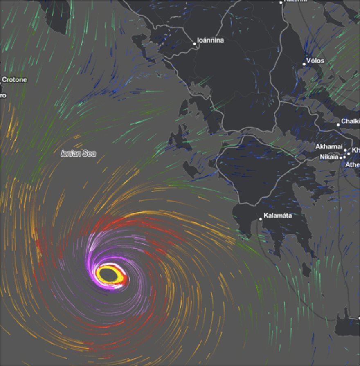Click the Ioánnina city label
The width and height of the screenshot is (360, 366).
pos(211,40)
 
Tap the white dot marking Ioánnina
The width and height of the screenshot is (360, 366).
pos(195,43)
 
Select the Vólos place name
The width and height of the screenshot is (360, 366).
pos(315,61)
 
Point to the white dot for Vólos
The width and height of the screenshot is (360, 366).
pos(304,64)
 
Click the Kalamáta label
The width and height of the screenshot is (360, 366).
pos(278,216)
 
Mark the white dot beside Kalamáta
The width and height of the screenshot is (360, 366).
pos(260,219)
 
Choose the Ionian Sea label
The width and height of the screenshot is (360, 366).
pos(78,154)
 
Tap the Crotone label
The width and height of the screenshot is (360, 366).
pos(14,79)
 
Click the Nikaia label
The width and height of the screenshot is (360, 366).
pos(329,157)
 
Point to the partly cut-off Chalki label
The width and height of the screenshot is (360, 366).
pos(350,121)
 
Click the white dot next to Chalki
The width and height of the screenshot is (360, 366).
pos(338,125)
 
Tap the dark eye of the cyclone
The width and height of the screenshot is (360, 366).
pos(107,274)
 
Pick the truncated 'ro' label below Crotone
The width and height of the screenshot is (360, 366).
pos(3,95)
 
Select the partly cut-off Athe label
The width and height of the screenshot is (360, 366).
pos(353,164)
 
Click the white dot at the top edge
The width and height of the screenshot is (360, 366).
pos(281,2)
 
